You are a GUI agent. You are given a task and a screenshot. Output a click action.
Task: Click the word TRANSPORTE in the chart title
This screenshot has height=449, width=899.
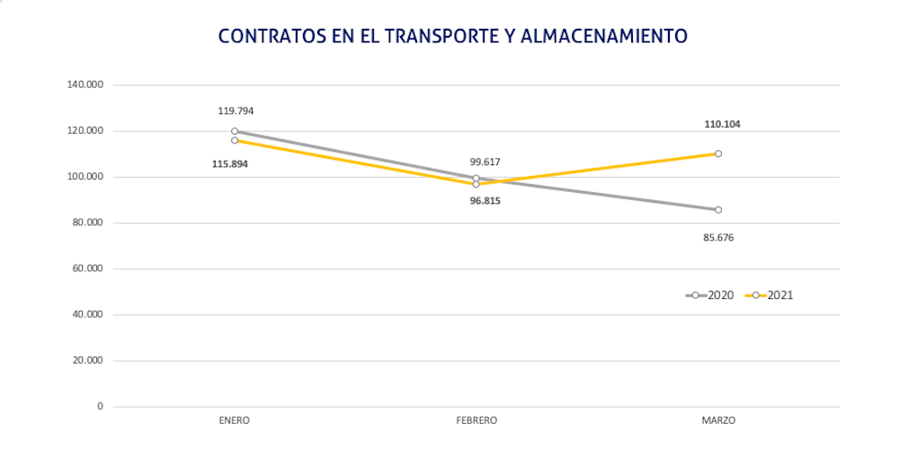coord(432,36)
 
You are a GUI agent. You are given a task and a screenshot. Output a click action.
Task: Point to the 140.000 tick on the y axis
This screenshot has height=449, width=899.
coord(85,84)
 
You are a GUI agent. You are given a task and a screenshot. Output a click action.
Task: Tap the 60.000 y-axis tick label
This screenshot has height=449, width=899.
coord(87,269)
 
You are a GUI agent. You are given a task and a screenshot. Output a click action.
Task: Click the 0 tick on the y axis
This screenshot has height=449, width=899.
coord(100,406)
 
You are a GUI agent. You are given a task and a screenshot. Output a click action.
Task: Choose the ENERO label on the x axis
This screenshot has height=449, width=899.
coord(234,420)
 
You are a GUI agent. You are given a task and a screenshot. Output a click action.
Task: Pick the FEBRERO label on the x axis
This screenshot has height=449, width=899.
coord(476,420)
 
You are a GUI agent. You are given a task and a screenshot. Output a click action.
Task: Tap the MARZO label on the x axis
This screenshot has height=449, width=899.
coord(717,420)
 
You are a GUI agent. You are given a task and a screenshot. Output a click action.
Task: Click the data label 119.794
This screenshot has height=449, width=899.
coord(236,111)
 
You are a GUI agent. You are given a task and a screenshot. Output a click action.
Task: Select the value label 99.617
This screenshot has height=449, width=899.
coord(485,163)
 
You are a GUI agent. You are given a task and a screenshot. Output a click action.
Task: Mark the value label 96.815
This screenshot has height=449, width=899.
coord(485,200)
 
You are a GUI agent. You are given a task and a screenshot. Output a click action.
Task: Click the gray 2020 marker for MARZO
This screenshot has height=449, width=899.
coord(717,209)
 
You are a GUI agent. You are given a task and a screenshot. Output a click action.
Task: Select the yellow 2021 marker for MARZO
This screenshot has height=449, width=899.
coord(717,154)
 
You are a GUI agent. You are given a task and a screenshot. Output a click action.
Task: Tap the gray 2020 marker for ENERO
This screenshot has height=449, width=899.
coord(235,131)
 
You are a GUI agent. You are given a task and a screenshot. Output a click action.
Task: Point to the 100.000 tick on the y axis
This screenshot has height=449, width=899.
coord(85,177)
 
